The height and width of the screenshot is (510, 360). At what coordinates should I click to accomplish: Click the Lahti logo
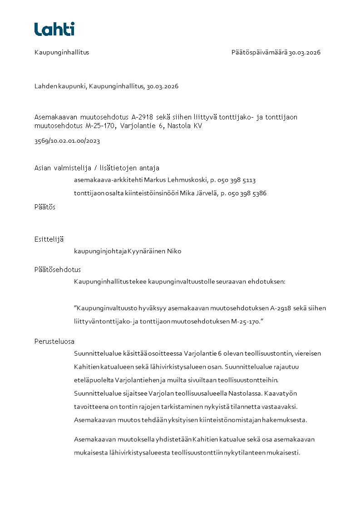54,29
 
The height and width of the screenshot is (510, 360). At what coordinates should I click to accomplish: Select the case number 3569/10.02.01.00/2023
67,141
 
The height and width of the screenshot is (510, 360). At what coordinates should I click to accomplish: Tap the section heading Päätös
45,207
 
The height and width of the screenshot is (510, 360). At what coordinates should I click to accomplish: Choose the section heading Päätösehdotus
58,269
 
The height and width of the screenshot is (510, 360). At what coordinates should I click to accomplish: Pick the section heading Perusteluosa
54,341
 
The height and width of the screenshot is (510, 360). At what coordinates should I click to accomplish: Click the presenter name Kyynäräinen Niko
154,251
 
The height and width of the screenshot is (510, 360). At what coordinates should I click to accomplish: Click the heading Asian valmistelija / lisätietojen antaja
97,168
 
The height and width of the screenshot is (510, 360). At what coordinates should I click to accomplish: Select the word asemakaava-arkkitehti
108,180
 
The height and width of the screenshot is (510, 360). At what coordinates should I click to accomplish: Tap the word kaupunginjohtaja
100,251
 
